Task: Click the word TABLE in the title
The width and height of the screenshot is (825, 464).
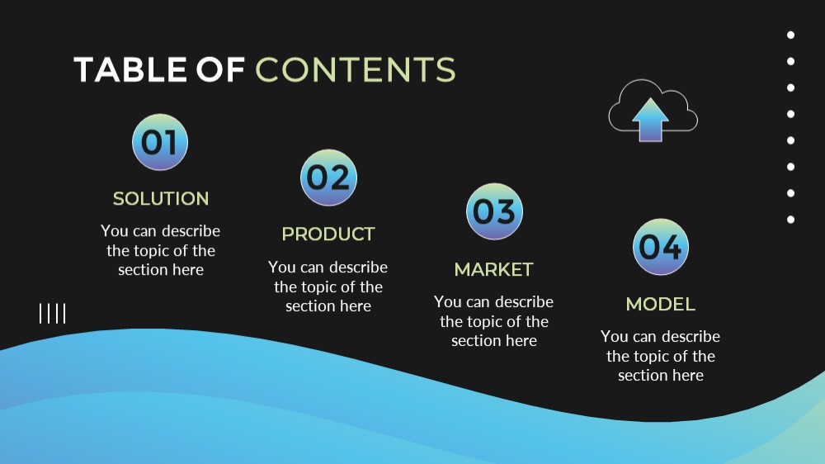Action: click(130, 69)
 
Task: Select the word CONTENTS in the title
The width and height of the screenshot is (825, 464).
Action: click(356, 69)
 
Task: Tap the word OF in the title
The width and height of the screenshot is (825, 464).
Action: click(220, 69)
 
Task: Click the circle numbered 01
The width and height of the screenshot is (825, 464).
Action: click(160, 142)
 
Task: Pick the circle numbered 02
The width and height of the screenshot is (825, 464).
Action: click(329, 178)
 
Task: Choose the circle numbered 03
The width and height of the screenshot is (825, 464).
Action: click(494, 211)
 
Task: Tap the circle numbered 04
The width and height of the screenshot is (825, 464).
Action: click(661, 247)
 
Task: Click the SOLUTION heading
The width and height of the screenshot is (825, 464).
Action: click(161, 198)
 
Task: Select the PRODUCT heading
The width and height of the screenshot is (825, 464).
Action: click(328, 234)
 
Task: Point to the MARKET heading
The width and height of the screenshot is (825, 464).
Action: click(494, 269)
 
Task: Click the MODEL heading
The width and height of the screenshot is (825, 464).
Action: click(661, 304)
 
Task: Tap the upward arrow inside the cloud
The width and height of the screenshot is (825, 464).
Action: click(650, 120)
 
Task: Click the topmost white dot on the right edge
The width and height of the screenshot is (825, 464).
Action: click(791, 35)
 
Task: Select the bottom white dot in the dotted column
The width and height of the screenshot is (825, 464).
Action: click(791, 220)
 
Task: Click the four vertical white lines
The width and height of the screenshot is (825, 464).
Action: click(53, 314)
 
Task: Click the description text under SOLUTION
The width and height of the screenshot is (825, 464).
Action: click(161, 250)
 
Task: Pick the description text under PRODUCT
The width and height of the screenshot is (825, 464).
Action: click(328, 286)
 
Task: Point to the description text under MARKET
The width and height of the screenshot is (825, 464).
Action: click(494, 320)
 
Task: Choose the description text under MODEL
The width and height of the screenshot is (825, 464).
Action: click(661, 356)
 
